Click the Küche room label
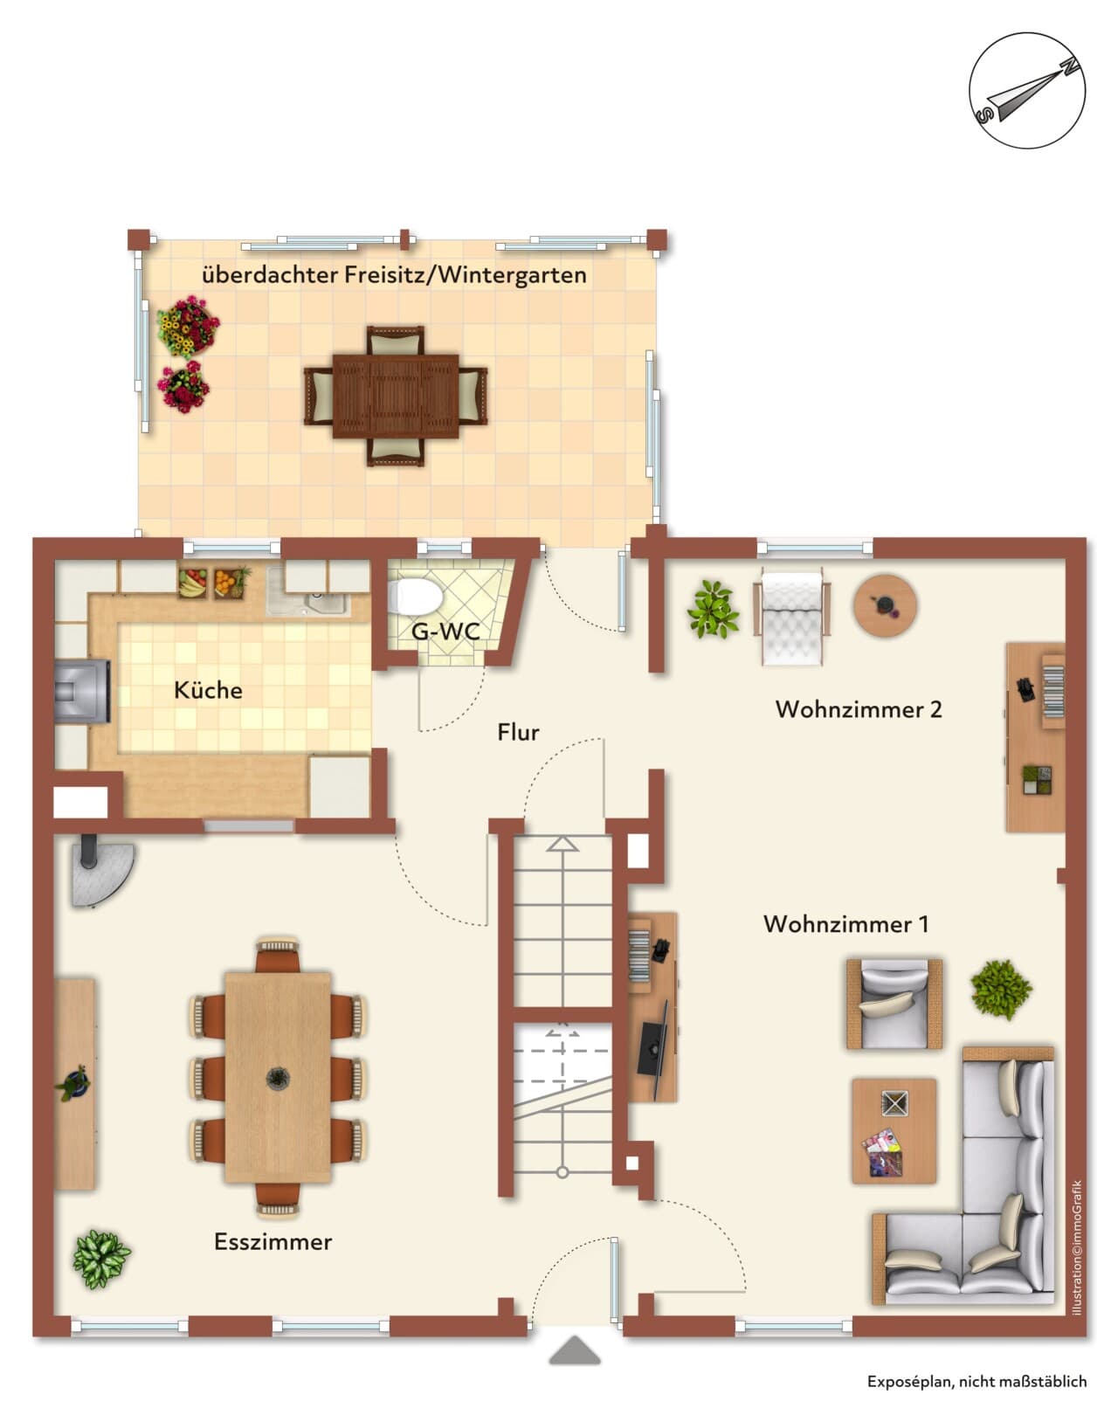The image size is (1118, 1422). (208, 691)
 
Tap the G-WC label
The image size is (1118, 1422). (445, 632)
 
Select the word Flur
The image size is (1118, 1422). (518, 732)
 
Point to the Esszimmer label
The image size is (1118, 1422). (273, 1242)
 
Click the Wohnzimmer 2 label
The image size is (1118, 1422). (859, 709)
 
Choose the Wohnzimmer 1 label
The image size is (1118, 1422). (845, 924)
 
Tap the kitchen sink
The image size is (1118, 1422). (308, 591)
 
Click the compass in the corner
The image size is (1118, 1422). (1027, 91)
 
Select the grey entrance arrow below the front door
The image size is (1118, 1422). (575, 1350)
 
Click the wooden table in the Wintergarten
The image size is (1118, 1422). (395, 397)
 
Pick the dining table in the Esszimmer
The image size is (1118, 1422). (278, 1077)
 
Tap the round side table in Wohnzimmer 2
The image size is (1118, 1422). (885, 605)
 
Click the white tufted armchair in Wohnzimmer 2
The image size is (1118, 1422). (791, 618)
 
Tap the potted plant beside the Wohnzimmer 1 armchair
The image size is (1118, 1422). (1000, 990)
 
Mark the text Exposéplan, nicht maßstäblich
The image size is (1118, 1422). (977, 1382)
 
